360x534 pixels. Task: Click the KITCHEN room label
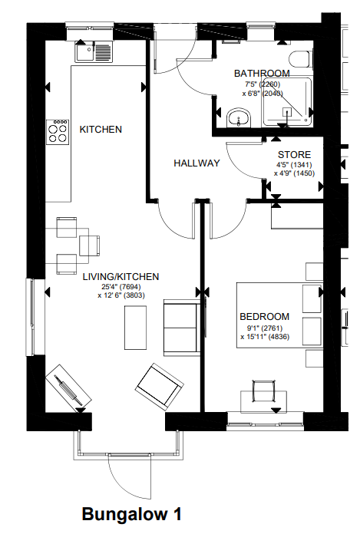point(101,130)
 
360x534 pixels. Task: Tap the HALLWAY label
point(197,163)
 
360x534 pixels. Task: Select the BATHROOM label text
point(262,73)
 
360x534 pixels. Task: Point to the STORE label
point(294,155)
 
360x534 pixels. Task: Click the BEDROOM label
point(265,317)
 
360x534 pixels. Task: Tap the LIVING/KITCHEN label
point(121,276)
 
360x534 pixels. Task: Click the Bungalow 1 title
point(131,514)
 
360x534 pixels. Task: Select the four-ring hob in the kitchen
point(58,132)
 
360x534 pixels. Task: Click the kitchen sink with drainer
point(94,51)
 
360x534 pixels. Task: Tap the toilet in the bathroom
point(300,60)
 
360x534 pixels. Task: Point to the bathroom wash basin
point(239,118)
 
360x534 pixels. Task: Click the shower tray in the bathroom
point(287,102)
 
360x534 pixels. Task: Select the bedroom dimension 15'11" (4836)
point(265,337)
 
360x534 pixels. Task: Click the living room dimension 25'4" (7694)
point(121,287)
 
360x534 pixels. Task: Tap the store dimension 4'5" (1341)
point(294,165)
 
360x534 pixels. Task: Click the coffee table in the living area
point(136,328)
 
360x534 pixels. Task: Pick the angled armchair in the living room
point(160,386)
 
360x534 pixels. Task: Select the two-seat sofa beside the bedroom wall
point(182,328)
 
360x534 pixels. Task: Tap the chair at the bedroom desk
point(263,391)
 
